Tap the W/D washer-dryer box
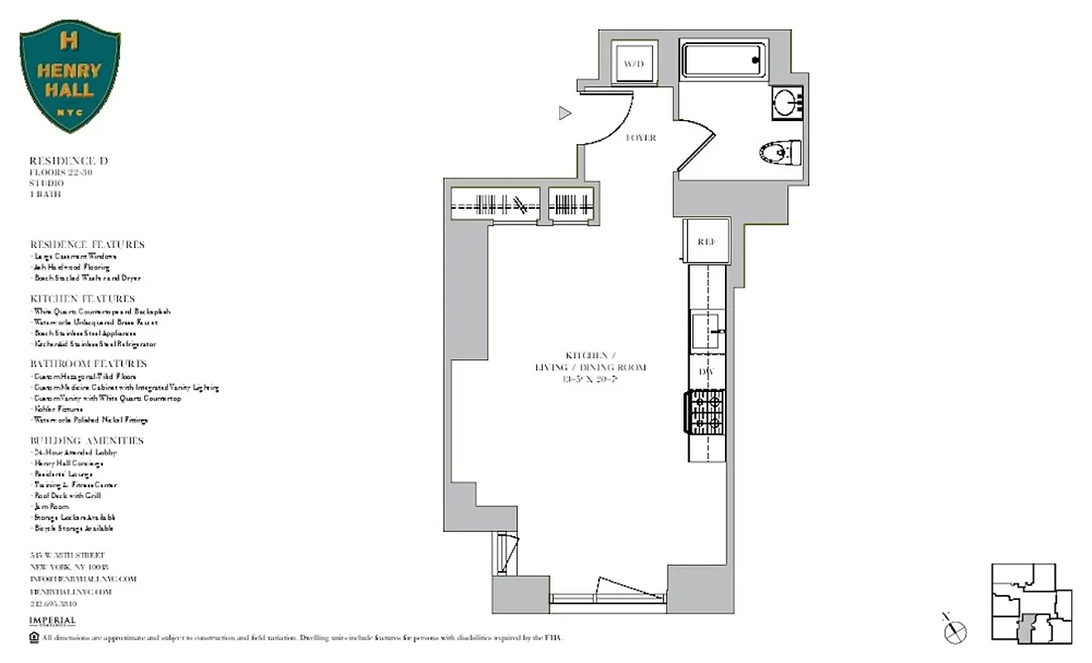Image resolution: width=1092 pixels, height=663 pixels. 634,63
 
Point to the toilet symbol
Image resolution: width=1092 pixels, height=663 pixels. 780,152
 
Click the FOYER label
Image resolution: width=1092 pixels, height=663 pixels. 640,138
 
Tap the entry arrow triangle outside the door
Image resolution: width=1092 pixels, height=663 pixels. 565,114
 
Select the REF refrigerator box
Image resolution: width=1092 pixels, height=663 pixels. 706,241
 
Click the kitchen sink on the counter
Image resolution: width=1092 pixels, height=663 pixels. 707,331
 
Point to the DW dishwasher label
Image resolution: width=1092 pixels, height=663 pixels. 706,372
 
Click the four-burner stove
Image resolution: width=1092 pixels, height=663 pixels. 705,414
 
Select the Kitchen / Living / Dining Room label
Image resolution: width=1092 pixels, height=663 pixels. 590,366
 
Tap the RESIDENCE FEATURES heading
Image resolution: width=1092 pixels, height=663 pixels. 87,244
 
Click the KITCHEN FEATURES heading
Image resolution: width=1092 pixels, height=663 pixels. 82,298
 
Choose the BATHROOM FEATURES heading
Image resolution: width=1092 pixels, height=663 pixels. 88,364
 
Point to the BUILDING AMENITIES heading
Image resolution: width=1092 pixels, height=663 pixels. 87,441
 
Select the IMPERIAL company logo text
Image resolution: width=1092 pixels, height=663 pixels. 52,621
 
